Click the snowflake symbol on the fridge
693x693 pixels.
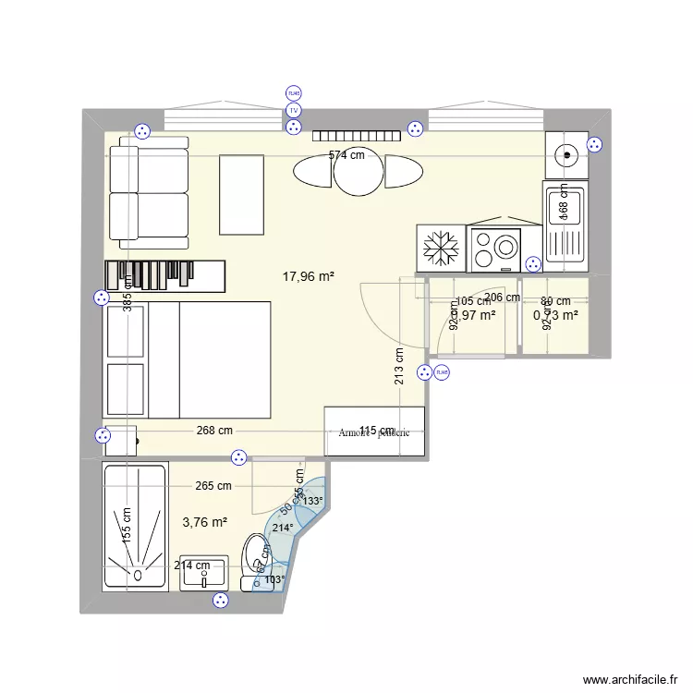(441, 249)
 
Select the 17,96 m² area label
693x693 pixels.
(308, 275)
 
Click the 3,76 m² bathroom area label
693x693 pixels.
(205, 522)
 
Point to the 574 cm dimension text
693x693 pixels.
(346, 156)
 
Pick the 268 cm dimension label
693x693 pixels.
(213, 431)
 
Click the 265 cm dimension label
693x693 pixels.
(213, 486)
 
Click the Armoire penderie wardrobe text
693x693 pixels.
(374, 432)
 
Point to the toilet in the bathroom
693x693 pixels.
(254, 558)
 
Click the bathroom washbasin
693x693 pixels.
(203, 573)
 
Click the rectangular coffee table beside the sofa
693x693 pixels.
(242, 194)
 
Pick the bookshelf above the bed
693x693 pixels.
(165, 274)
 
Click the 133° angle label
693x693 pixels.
(313, 502)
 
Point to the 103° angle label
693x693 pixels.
(274, 580)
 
